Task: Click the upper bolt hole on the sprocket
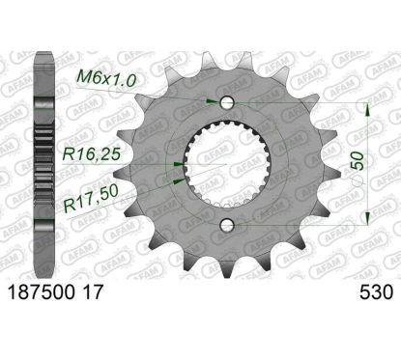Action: pos(225,101)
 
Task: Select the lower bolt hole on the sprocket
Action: pos(225,225)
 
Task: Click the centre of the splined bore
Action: pos(225,163)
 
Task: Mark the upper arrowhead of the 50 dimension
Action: pos(368,106)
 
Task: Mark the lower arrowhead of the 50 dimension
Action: pos(368,221)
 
